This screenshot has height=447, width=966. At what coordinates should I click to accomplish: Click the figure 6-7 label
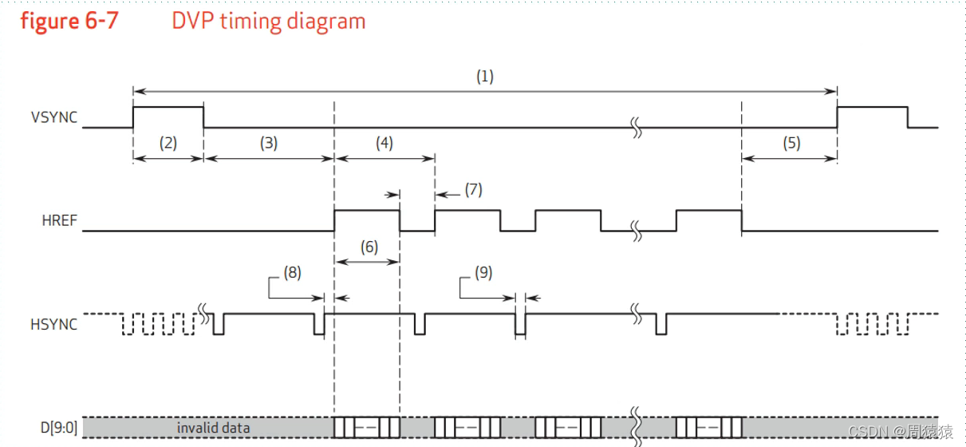(69, 21)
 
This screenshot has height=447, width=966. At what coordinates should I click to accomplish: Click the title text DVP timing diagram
(269, 21)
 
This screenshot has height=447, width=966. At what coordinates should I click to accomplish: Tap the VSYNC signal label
(54, 117)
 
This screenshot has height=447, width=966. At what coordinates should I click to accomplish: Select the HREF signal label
(60, 220)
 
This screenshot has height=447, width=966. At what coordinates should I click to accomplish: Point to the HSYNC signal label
(55, 324)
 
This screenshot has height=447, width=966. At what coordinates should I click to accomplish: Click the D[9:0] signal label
(59, 428)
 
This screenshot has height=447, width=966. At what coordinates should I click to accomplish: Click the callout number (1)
(485, 77)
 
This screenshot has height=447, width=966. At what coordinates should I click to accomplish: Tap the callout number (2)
(168, 144)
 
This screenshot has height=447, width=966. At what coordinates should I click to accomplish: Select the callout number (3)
(268, 144)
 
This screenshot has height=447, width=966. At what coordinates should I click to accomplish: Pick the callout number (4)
(384, 144)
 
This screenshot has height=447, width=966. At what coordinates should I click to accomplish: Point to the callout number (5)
(791, 144)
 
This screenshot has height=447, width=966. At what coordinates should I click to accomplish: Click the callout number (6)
(369, 247)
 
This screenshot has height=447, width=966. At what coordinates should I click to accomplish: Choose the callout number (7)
(474, 190)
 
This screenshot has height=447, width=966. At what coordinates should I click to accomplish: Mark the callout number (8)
(293, 273)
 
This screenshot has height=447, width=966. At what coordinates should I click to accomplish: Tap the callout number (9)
(483, 273)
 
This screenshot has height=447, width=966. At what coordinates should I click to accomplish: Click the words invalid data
(213, 428)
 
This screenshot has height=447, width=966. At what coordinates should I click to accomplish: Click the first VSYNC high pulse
(168, 108)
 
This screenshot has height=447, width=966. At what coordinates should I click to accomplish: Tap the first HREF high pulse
(367, 212)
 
